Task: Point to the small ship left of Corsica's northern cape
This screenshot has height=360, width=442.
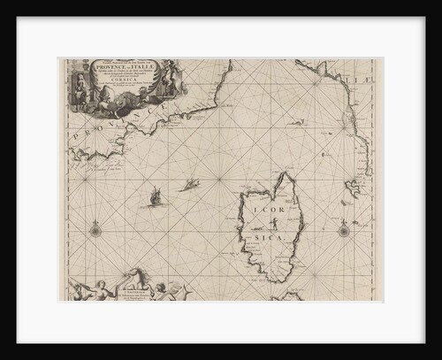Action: click(x=189, y=183)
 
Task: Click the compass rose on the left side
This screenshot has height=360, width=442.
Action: click(x=94, y=231)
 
